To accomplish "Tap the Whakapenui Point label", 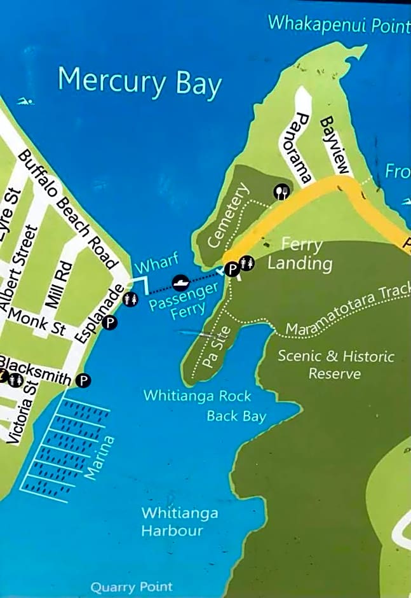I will click(338, 24).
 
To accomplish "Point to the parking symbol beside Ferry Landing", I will click(232, 269).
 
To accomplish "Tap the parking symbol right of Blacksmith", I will click(83, 380).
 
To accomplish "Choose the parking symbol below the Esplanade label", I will click(110, 323).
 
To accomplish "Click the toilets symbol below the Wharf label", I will click(130, 298).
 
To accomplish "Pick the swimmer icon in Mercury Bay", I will click(24, 102).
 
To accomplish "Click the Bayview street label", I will click(335, 145).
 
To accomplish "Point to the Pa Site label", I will click(217, 353).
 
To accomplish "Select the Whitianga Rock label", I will click(198, 396).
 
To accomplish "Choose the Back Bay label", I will click(236, 417).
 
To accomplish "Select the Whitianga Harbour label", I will click(172, 522).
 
